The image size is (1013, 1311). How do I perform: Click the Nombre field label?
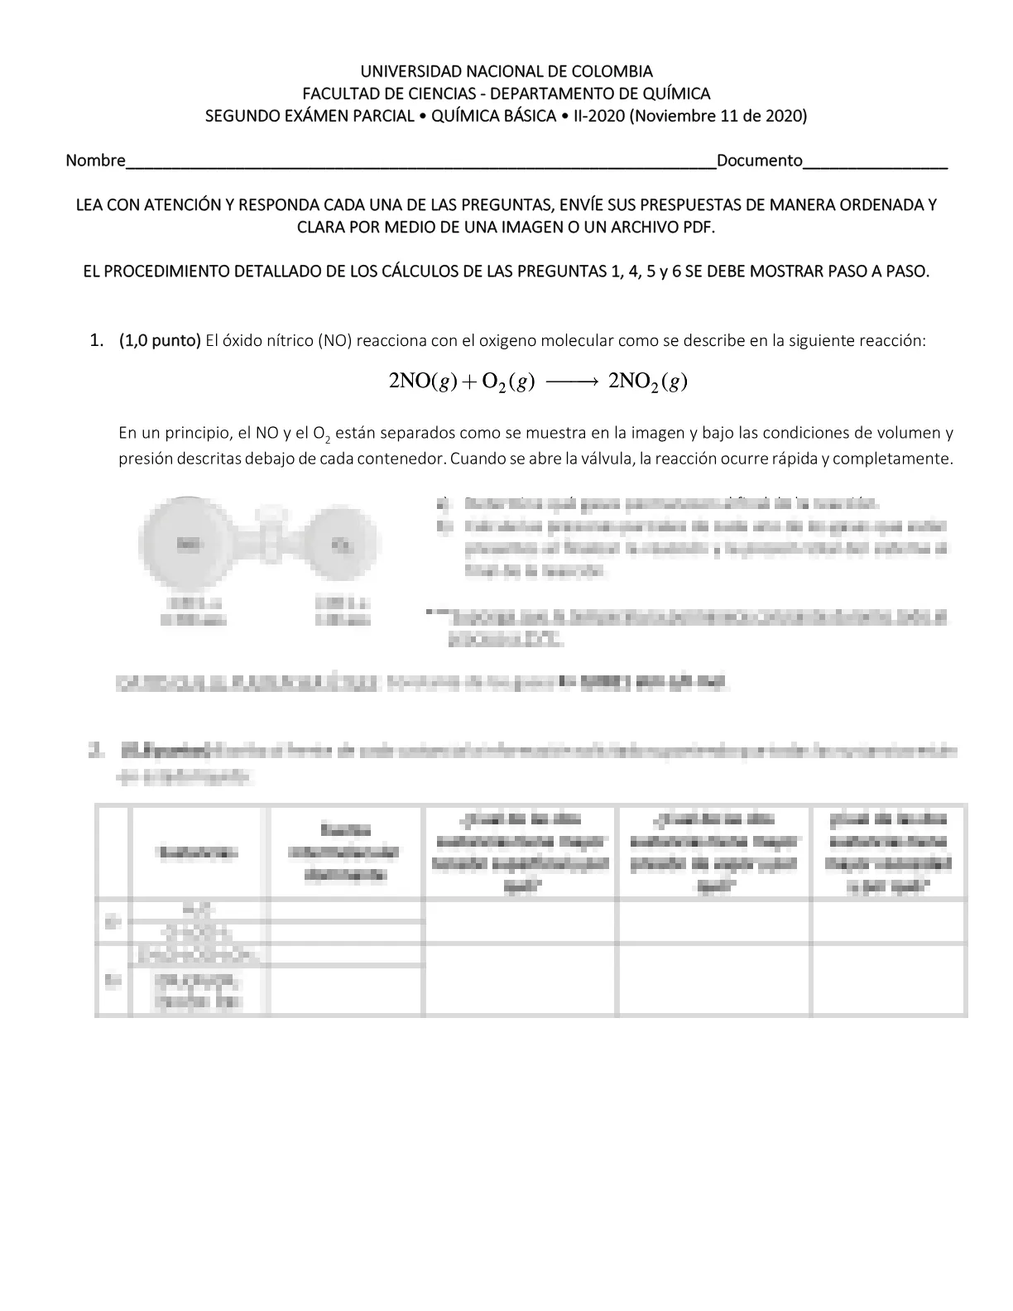(x=95, y=161)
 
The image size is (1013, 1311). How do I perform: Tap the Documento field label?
(x=760, y=161)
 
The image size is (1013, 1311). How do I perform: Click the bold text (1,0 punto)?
(x=160, y=340)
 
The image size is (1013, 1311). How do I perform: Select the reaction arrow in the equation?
(x=571, y=382)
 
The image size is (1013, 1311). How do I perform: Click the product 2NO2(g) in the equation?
(x=648, y=382)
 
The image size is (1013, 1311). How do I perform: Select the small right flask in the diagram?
(x=341, y=544)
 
